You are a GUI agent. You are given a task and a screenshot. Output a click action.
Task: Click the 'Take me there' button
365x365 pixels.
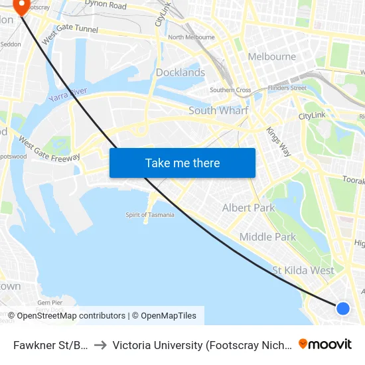[x=183, y=163]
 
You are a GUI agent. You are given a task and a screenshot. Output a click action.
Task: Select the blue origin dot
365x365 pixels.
[x=342, y=308]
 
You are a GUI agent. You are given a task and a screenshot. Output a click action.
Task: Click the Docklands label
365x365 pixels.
[x=180, y=72]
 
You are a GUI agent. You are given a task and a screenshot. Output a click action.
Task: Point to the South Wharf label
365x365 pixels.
[x=218, y=111]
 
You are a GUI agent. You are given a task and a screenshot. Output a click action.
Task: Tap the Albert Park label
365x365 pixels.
[x=248, y=208]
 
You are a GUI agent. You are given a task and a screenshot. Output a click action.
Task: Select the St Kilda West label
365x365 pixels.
[x=303, y=270]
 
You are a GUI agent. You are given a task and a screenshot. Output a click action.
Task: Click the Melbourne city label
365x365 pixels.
[x=271, y=56]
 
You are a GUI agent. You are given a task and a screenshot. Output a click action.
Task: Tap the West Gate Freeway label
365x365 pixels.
[x=49, y=149]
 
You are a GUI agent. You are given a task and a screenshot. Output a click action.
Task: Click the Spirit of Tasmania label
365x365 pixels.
[x=150, y=214]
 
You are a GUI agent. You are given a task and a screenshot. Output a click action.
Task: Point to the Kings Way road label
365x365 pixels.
[x=278, y=141]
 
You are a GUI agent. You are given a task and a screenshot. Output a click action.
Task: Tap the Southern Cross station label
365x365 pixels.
[x=230, y=90]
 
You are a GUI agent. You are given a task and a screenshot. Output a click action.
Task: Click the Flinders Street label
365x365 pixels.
[x=287, y=88]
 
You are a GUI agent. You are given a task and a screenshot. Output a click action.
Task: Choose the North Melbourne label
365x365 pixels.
[x=191, y=37]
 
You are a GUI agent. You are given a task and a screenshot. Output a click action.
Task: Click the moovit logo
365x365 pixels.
[x=325, y=344]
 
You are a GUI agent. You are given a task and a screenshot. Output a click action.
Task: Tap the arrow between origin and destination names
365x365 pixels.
[x=100, y=345]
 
